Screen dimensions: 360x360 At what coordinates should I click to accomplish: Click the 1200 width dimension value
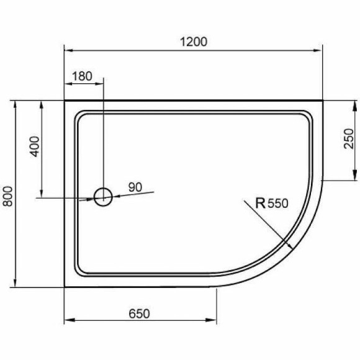click(194, 42)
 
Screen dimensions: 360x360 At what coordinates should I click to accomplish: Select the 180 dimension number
click(83, 77)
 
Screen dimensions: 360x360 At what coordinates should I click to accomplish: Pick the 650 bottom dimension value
click(140, 313)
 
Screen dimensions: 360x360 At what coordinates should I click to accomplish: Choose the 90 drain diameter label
click(136, 186)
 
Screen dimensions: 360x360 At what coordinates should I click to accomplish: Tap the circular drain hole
click(103, 197)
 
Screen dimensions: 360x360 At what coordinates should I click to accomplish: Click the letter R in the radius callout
click(261, 202)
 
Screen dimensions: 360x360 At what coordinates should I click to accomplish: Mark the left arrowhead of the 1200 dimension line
click(68, 51)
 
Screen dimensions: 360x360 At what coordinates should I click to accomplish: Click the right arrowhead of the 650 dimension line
click(212, 321)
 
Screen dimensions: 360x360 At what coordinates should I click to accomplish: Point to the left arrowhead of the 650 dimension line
click(68, 321)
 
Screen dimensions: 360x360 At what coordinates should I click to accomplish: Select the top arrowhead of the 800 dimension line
click(14, 103)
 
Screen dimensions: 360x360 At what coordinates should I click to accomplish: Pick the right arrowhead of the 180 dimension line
click(100, 85)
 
